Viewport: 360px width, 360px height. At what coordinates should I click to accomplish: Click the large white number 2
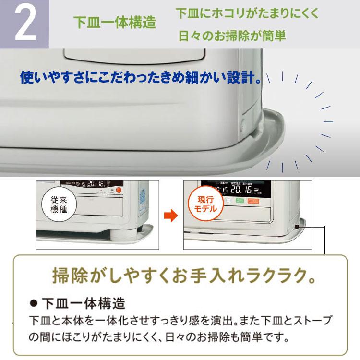[x=25, y=24]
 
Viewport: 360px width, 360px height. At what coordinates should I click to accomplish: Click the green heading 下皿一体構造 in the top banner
[x=114, y=23]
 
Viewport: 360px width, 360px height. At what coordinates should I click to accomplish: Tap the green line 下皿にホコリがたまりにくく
[x=247, y=13]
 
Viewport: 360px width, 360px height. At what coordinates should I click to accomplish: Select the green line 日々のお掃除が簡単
[x=232, y=36]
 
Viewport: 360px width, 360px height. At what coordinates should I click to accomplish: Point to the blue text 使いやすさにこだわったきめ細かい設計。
[x=141, y=77]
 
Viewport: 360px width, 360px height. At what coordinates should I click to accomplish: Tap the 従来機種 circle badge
[x=59, y=204]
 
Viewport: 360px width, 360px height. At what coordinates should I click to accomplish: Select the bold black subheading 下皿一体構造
[x=84, y=304]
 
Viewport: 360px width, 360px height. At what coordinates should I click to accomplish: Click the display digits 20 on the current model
[x=235, y=189]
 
